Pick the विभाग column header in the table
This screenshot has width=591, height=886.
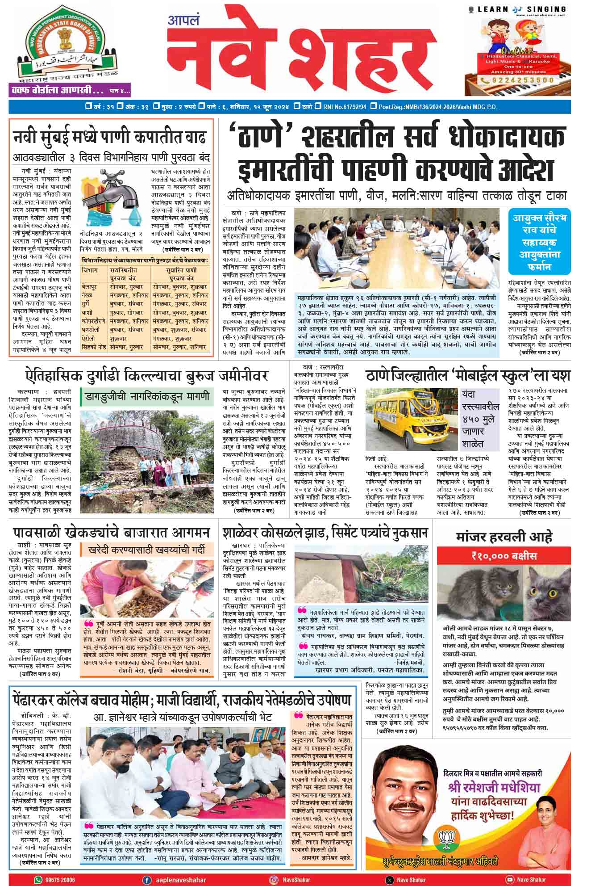pyautogui.click(x=90, y=270)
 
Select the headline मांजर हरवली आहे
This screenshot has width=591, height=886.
pyautogui.click(x=504, y=537)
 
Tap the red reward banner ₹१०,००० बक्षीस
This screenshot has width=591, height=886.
pyautogui.click(x=504, y=556)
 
